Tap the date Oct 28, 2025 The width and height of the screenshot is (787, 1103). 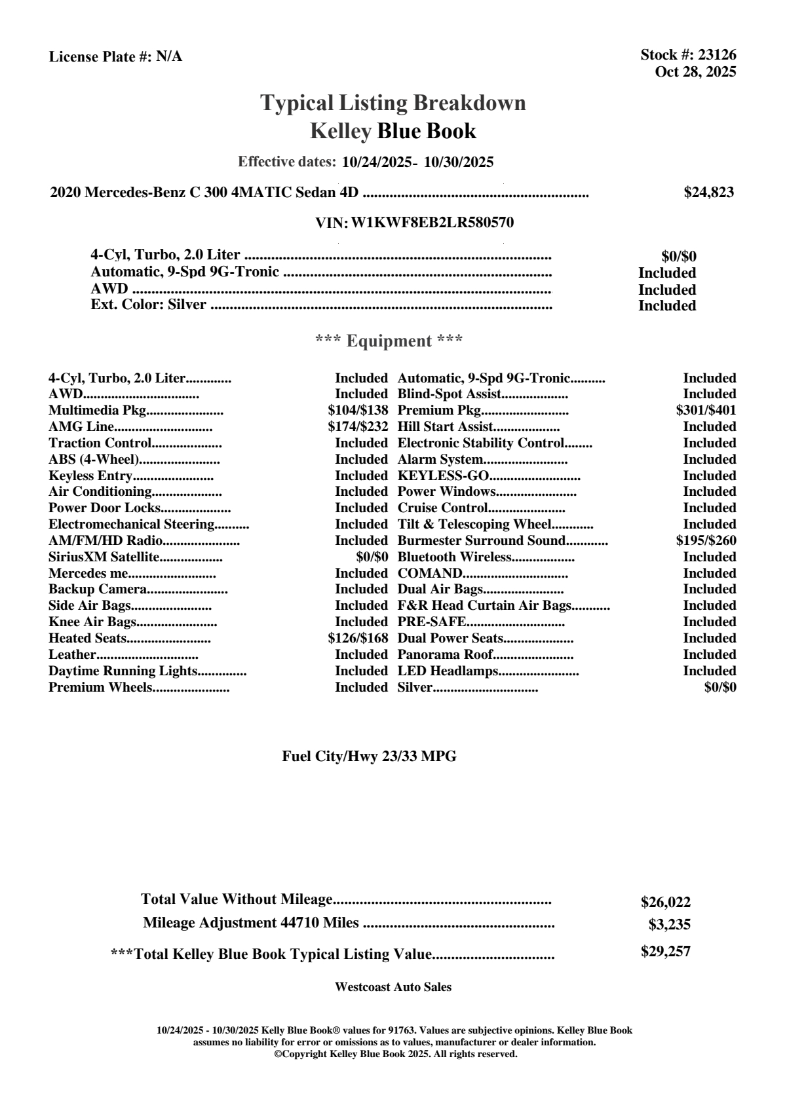point(695,71)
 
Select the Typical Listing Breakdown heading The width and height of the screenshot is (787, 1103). point(393,103)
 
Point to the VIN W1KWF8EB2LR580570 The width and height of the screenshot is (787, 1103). point(432,223)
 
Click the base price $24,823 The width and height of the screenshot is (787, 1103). point(708,193)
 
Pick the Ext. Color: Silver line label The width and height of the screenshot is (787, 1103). point(148,305)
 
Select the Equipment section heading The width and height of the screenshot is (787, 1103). point(389,341)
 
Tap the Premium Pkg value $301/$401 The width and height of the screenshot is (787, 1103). point(706,411)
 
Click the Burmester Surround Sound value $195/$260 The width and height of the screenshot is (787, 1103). point(706,541)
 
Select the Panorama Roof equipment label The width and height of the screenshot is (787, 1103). point(445,655)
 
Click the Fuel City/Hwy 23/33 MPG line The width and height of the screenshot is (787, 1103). point(369,757)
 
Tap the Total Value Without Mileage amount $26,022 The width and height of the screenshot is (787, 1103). point(665,903)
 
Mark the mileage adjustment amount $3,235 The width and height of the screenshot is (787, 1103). point(669,925)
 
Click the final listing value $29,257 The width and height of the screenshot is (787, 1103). point(665,952)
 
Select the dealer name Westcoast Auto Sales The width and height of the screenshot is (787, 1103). point(393,987)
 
